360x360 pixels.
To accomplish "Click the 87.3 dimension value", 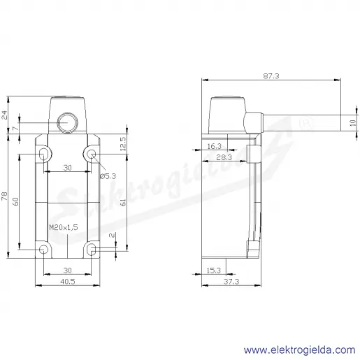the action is [271, 76].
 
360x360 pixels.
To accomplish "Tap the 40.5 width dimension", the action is [68, 282].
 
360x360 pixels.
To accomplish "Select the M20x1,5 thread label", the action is [64, 227].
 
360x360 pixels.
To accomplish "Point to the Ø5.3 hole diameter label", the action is [108, 176].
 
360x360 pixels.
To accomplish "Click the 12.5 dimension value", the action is [123, 144].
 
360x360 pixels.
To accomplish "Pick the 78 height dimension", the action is [5, 196].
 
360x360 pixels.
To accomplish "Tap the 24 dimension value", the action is [5, 115].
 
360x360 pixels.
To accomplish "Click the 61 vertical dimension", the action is [123, 202].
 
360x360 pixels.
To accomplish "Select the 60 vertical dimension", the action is [15, 201].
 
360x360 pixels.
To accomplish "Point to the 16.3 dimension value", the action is [214, 146].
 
